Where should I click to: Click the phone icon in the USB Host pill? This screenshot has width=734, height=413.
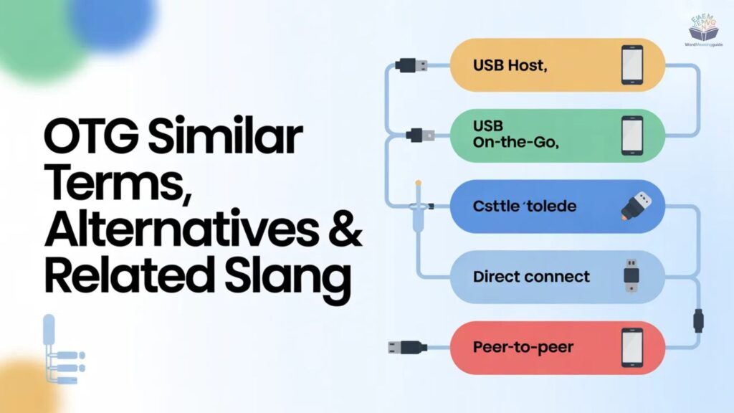[x=631, y=64]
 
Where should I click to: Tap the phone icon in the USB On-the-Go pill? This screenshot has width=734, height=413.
[x=631, y=134]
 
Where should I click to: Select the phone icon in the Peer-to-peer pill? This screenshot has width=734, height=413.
[x=631, y=347]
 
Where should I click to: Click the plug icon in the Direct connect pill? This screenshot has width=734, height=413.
[x=631, y=277]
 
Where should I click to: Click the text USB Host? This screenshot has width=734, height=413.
[x=510, y=65]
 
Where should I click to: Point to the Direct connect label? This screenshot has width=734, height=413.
[x=531, y=277]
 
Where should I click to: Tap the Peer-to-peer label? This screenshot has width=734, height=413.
[x=523, y=347]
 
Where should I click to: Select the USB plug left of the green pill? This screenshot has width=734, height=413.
[x=416, y=134]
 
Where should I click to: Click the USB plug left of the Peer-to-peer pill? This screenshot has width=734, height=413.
[x=407, y=347]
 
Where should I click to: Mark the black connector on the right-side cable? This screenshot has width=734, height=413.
[x=699, y=320]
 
